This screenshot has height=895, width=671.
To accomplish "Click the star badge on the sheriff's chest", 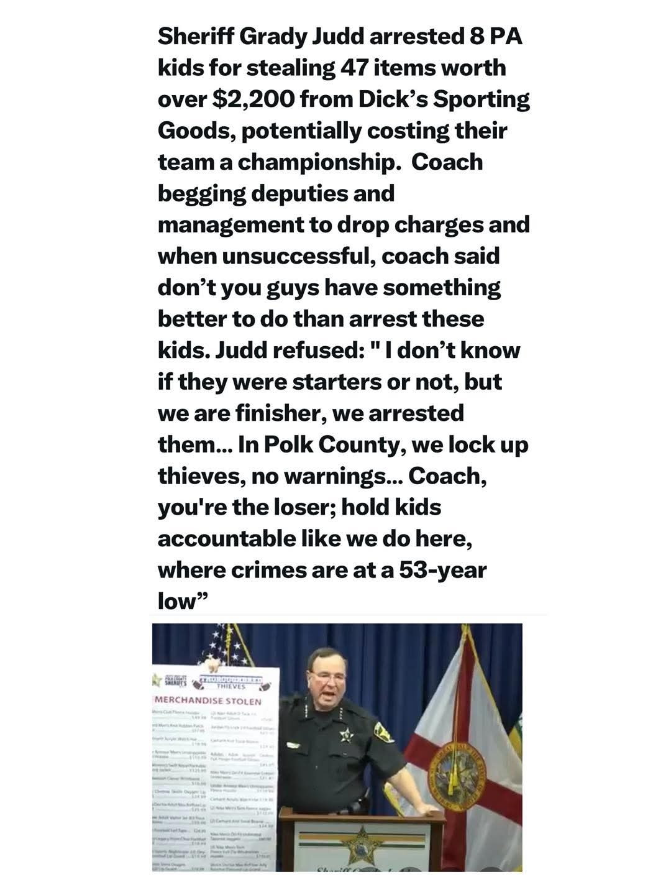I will coord(345,735).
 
